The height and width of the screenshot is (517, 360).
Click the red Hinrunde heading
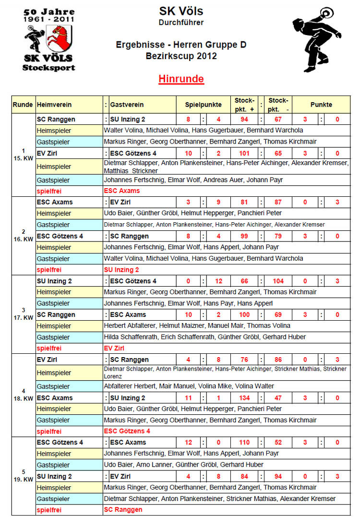[x=181, y=79]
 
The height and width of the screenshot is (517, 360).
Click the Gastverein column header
[x=127, y=104]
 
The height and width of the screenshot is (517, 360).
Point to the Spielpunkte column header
[x=204, y=104]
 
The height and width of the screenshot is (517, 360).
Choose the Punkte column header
[x=321, y=104]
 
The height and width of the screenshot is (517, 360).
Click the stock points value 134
[x=244, y=398]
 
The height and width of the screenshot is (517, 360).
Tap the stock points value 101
[x=244, y=153]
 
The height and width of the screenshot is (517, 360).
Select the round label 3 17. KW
[x=23, y=313]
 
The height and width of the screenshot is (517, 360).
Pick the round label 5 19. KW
[x=23, y=475]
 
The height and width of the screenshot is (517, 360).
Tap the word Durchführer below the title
[x=181, y=22]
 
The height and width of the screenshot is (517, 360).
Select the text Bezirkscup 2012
[x=181, y=56]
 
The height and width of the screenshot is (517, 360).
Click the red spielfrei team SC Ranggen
[x=123, y=509]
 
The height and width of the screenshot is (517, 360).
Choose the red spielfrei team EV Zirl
[x=114, y=348]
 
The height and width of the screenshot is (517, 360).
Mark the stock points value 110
[x=244, y=442]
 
